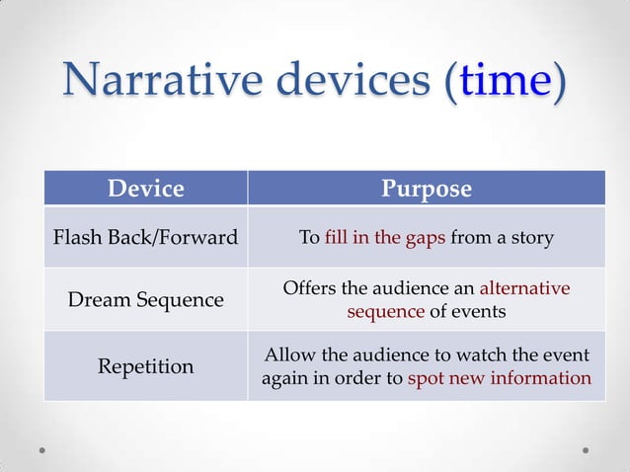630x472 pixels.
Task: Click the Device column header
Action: tap(145, 188)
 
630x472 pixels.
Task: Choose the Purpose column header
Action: tap(427, 188)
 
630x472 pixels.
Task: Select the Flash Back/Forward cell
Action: tap(145, 238)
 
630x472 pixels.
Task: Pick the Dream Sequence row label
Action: tap(145, 299)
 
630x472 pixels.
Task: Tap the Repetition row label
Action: tap(145, 366)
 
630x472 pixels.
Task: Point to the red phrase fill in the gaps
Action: tap(385, 238)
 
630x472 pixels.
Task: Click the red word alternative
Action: tap(524, 288)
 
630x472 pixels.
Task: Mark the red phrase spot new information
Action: tap(499, 378)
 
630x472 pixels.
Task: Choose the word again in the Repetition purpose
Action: tap(284, 378)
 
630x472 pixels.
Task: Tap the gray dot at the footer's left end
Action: tap(42, 450)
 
